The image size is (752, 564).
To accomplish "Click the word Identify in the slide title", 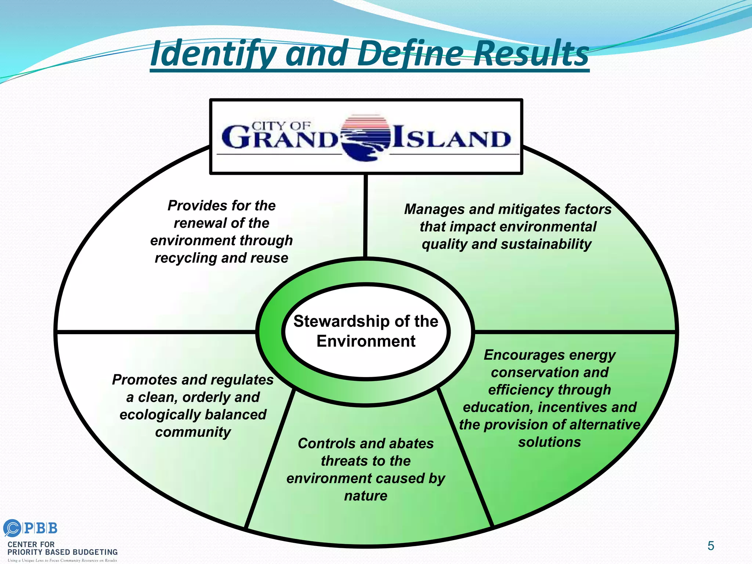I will coord(213,54).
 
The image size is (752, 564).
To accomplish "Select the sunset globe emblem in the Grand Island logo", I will coord(365,138).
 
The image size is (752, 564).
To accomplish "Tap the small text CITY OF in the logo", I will coord(281,126).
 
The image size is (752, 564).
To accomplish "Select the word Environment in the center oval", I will coord(366,341).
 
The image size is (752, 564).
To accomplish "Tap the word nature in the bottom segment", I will coord(366,496).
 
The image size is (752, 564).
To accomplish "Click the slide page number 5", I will coord(711,546).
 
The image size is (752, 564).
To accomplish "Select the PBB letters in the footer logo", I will coord(40,528).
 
